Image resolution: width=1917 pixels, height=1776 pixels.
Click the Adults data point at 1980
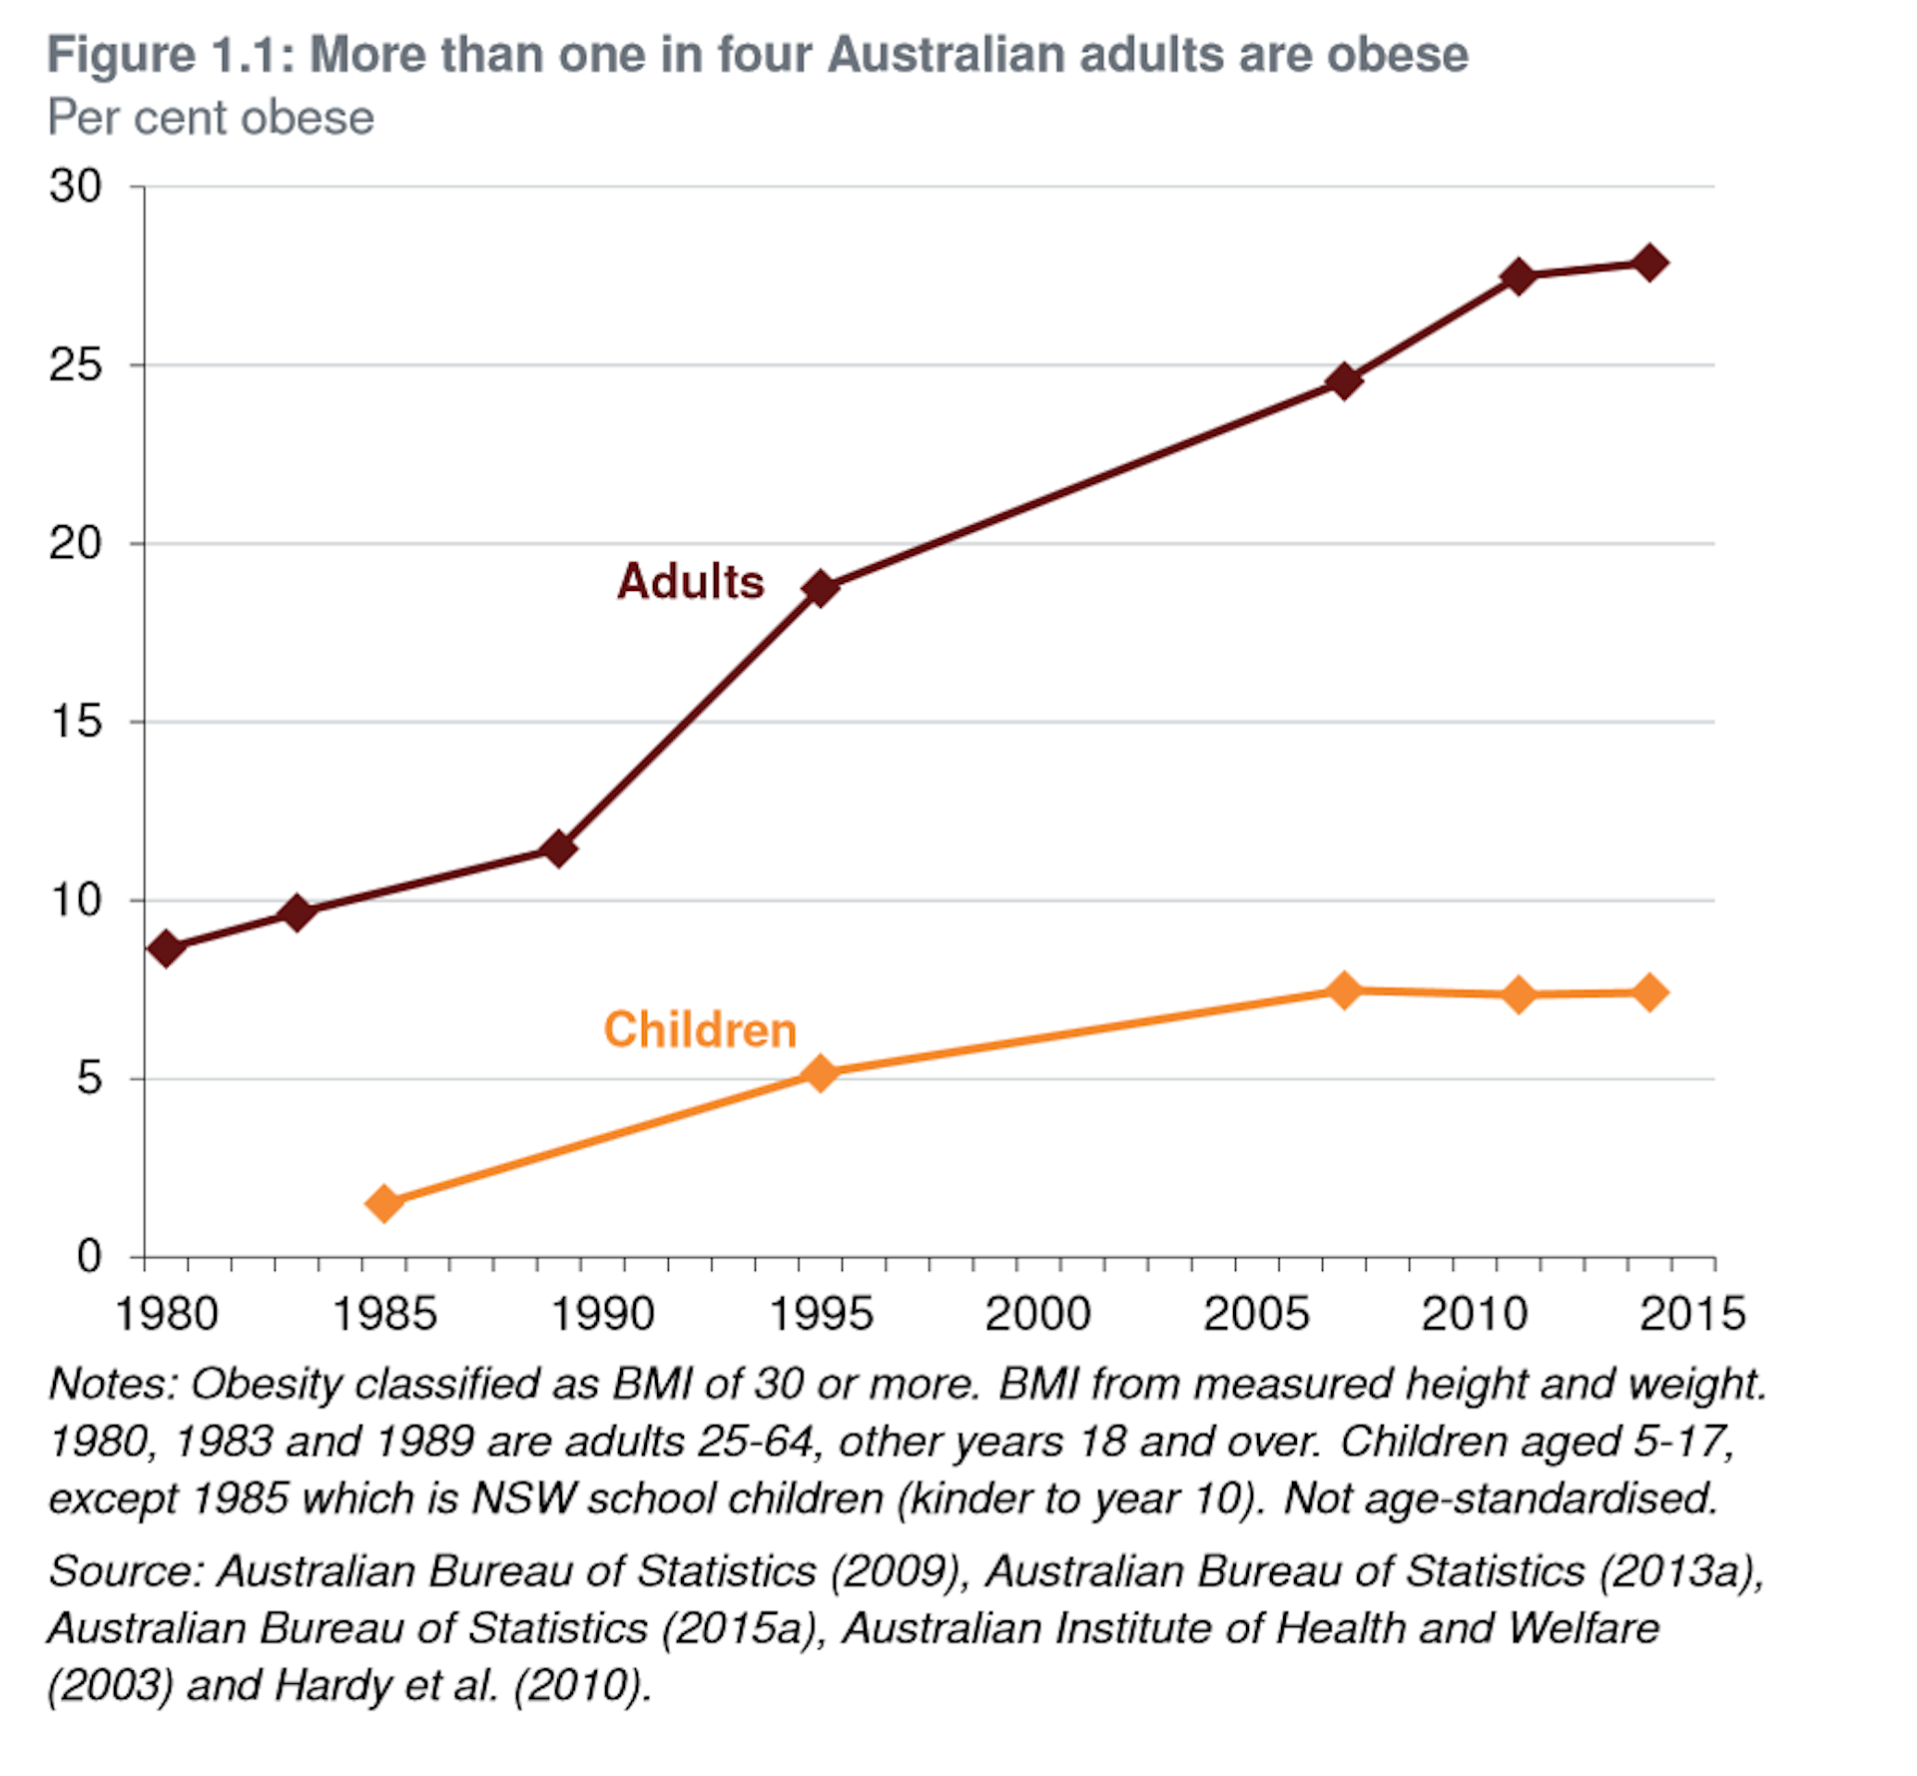click(167, 946)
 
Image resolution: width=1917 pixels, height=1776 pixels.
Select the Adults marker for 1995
click(821, 588)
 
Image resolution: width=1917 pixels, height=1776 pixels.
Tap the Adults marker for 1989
click(559, 849)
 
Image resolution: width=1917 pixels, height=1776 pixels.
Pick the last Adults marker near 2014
click(1649, 264)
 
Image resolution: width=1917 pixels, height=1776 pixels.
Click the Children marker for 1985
click(385, 1203)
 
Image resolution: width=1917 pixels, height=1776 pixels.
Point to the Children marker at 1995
click(821, 1073)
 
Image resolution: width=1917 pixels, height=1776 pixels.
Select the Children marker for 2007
click(1345, 990)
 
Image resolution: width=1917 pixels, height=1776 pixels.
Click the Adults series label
click(690, 581)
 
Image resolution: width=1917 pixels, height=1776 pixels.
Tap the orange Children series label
click(700, 1029)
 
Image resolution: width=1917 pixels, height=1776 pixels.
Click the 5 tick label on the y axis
click(90, 1079)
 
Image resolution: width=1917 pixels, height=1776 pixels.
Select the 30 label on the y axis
click(76, 187)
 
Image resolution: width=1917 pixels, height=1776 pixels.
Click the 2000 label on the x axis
click(1037, 1314)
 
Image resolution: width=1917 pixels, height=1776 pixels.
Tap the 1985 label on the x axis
click(384, 1314)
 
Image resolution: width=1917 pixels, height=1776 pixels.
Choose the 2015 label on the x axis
click(1692, 1314)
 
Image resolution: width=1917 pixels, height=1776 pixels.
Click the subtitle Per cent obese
click(211, 118)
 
